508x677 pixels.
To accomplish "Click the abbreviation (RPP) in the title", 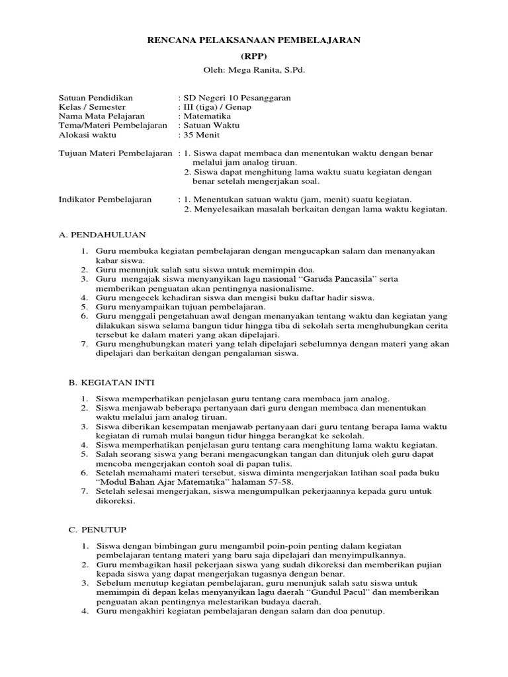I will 254,56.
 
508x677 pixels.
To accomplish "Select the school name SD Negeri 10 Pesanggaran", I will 237,98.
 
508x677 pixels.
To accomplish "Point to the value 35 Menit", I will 202,135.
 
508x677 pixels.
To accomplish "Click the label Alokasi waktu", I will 87,135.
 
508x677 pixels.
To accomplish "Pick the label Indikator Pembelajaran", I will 105,199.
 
